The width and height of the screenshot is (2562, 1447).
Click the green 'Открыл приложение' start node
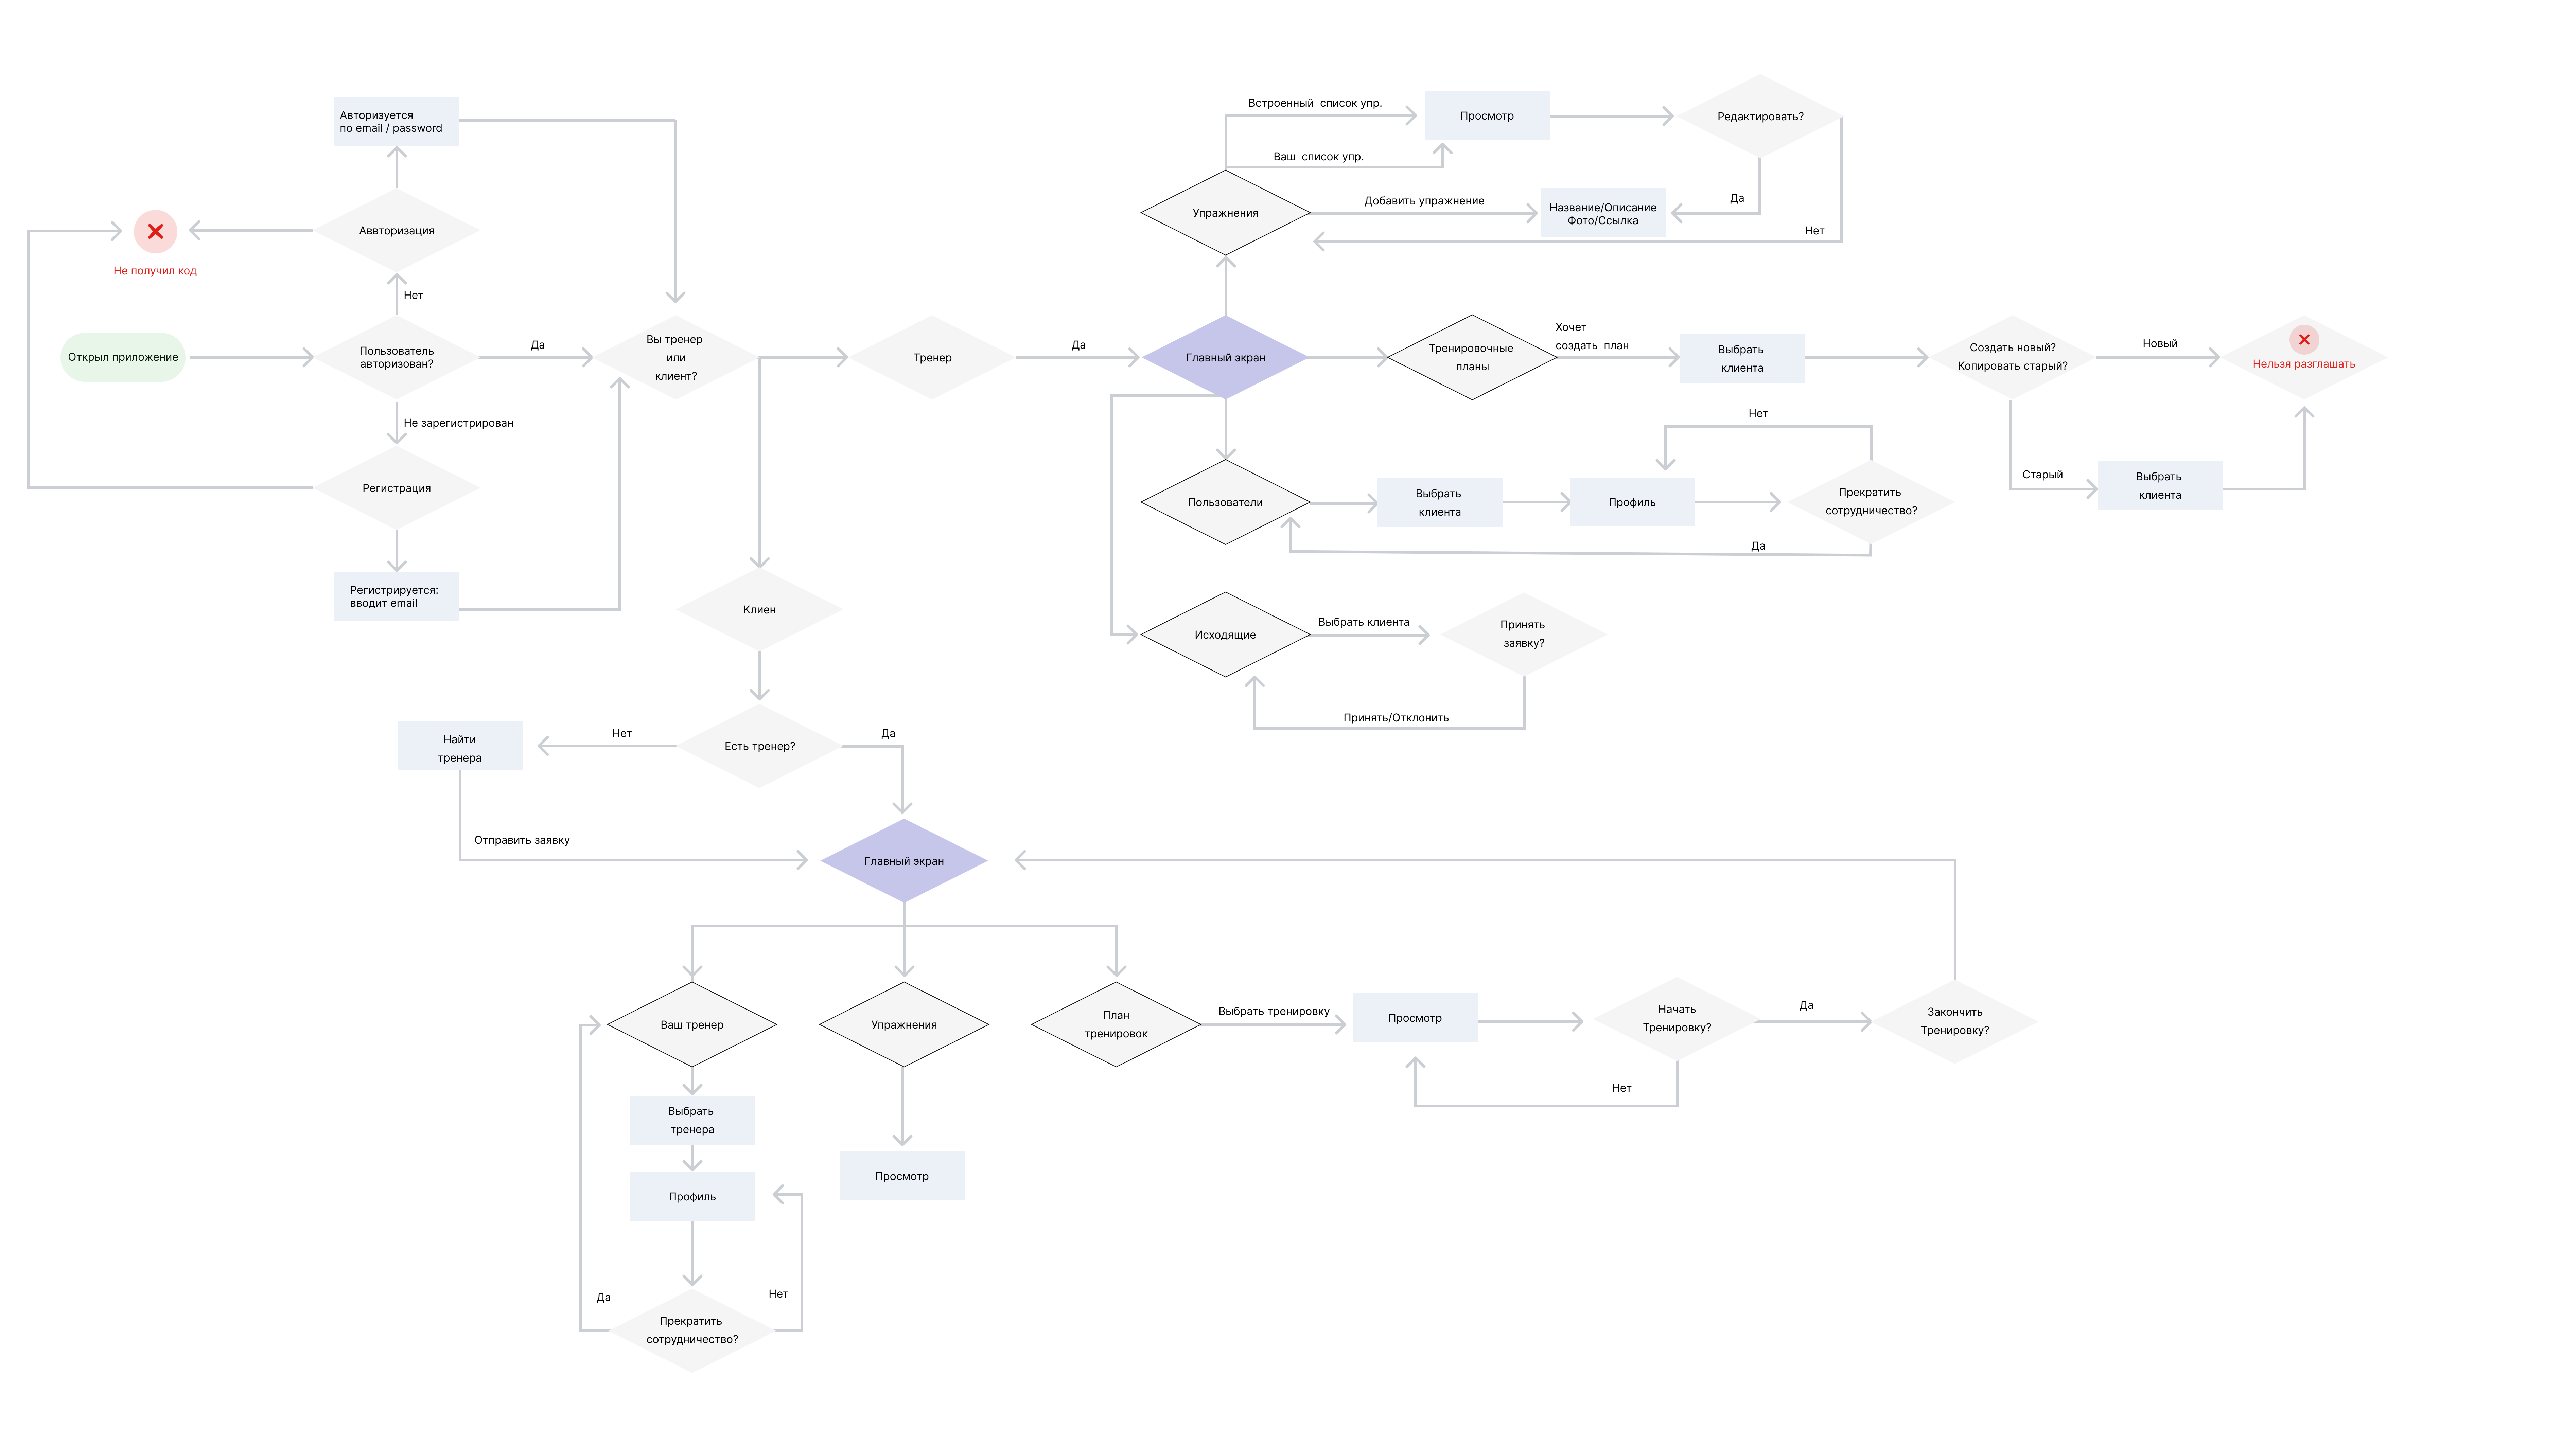tap(122, 357)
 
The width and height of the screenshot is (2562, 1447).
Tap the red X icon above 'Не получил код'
tap(155, 232)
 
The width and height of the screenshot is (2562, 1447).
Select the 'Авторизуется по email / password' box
tap(396, 121)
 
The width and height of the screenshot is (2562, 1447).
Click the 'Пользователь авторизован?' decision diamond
tap(396, 357)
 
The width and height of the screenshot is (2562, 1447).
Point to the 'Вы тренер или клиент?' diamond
tap(675, 357)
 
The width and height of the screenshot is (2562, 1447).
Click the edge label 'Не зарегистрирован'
tap(457, 423)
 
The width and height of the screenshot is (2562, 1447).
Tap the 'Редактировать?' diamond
tap(1759, 117)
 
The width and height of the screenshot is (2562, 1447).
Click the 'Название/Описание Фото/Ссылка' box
tap(1602, 213)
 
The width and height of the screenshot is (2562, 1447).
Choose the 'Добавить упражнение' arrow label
tap(1423, 201)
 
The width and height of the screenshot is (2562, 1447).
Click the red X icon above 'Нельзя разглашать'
tap(2303, 339)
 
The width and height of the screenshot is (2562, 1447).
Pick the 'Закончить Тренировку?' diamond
tap(1954, 1020)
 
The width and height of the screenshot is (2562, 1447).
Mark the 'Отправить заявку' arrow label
tap(521, 840)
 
